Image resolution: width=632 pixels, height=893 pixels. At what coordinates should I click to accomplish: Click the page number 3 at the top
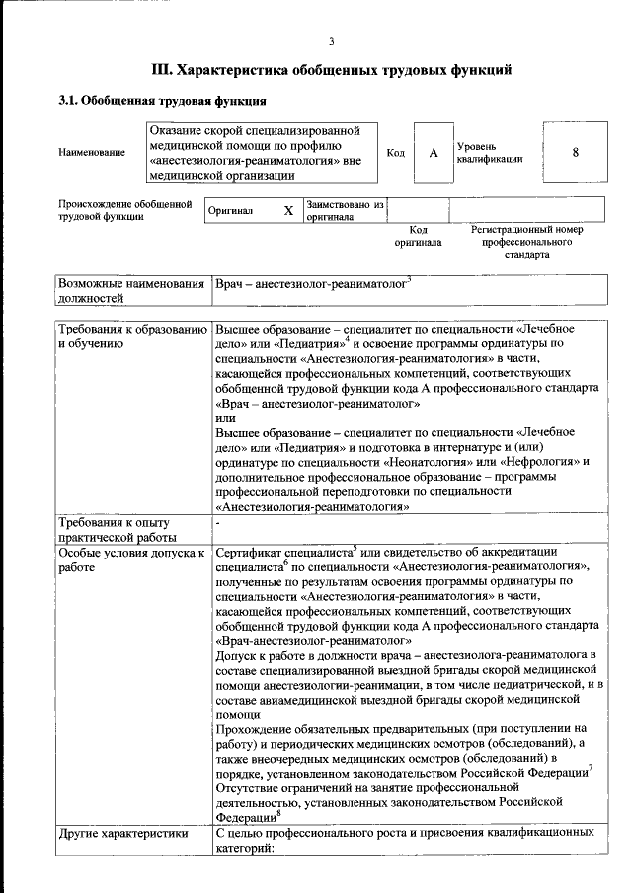pos(331,40)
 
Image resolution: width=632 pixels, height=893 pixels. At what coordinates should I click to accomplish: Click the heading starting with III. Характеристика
pos(331,70)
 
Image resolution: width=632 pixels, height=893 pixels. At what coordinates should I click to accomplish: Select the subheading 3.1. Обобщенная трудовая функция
pos(161,101)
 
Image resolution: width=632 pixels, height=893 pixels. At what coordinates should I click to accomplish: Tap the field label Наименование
pos(92,153)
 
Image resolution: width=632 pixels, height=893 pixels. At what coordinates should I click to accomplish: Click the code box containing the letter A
pos(433,153)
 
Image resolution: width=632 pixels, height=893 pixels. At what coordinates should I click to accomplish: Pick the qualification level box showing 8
pos(575,153)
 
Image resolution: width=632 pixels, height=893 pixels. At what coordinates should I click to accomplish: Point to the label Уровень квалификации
pos(489,152)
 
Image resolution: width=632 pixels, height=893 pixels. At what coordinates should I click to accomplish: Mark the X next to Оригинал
pos(288,210)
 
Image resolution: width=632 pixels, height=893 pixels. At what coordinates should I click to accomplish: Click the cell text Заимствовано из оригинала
pos(345,210)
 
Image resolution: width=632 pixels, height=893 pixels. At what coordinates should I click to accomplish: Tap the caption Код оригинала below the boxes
pos(418,236)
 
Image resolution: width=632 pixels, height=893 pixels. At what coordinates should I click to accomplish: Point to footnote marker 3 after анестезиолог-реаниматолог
pos(409,279)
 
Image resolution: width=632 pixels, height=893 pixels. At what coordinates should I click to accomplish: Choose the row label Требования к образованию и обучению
pos(131,335)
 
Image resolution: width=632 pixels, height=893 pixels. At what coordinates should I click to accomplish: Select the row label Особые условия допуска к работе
pos(131,560)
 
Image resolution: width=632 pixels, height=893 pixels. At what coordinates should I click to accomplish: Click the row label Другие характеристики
pos(122,833)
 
